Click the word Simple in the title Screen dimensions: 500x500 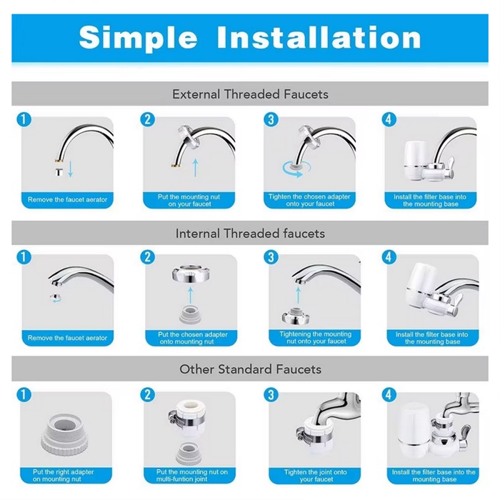pos(138,39)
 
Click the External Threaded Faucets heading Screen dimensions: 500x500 pos(250,94)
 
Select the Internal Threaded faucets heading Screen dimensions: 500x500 pos(250,234)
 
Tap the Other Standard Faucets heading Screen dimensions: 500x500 pos(250,369)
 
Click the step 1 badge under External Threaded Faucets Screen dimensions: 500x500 pos(24,120)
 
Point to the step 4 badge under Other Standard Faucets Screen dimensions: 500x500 pos(389,395)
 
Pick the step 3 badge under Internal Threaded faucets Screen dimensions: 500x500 pos(271,257)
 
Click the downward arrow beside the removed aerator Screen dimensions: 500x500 pos(71,169)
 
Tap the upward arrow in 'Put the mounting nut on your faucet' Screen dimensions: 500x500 pos(196,168)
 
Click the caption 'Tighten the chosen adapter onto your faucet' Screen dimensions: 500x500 pos(309,200)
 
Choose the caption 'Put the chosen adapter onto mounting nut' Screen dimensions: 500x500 pos(192,339)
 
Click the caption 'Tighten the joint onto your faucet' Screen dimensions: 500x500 pos(316,476)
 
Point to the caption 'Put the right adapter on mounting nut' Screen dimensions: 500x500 pos(63,476)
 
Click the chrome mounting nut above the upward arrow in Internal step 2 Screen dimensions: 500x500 pos(191,274)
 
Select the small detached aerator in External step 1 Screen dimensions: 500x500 pos(59,172)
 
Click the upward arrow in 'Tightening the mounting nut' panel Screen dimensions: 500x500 pos(298,295)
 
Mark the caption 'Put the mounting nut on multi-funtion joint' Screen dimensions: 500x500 pos(192,476)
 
